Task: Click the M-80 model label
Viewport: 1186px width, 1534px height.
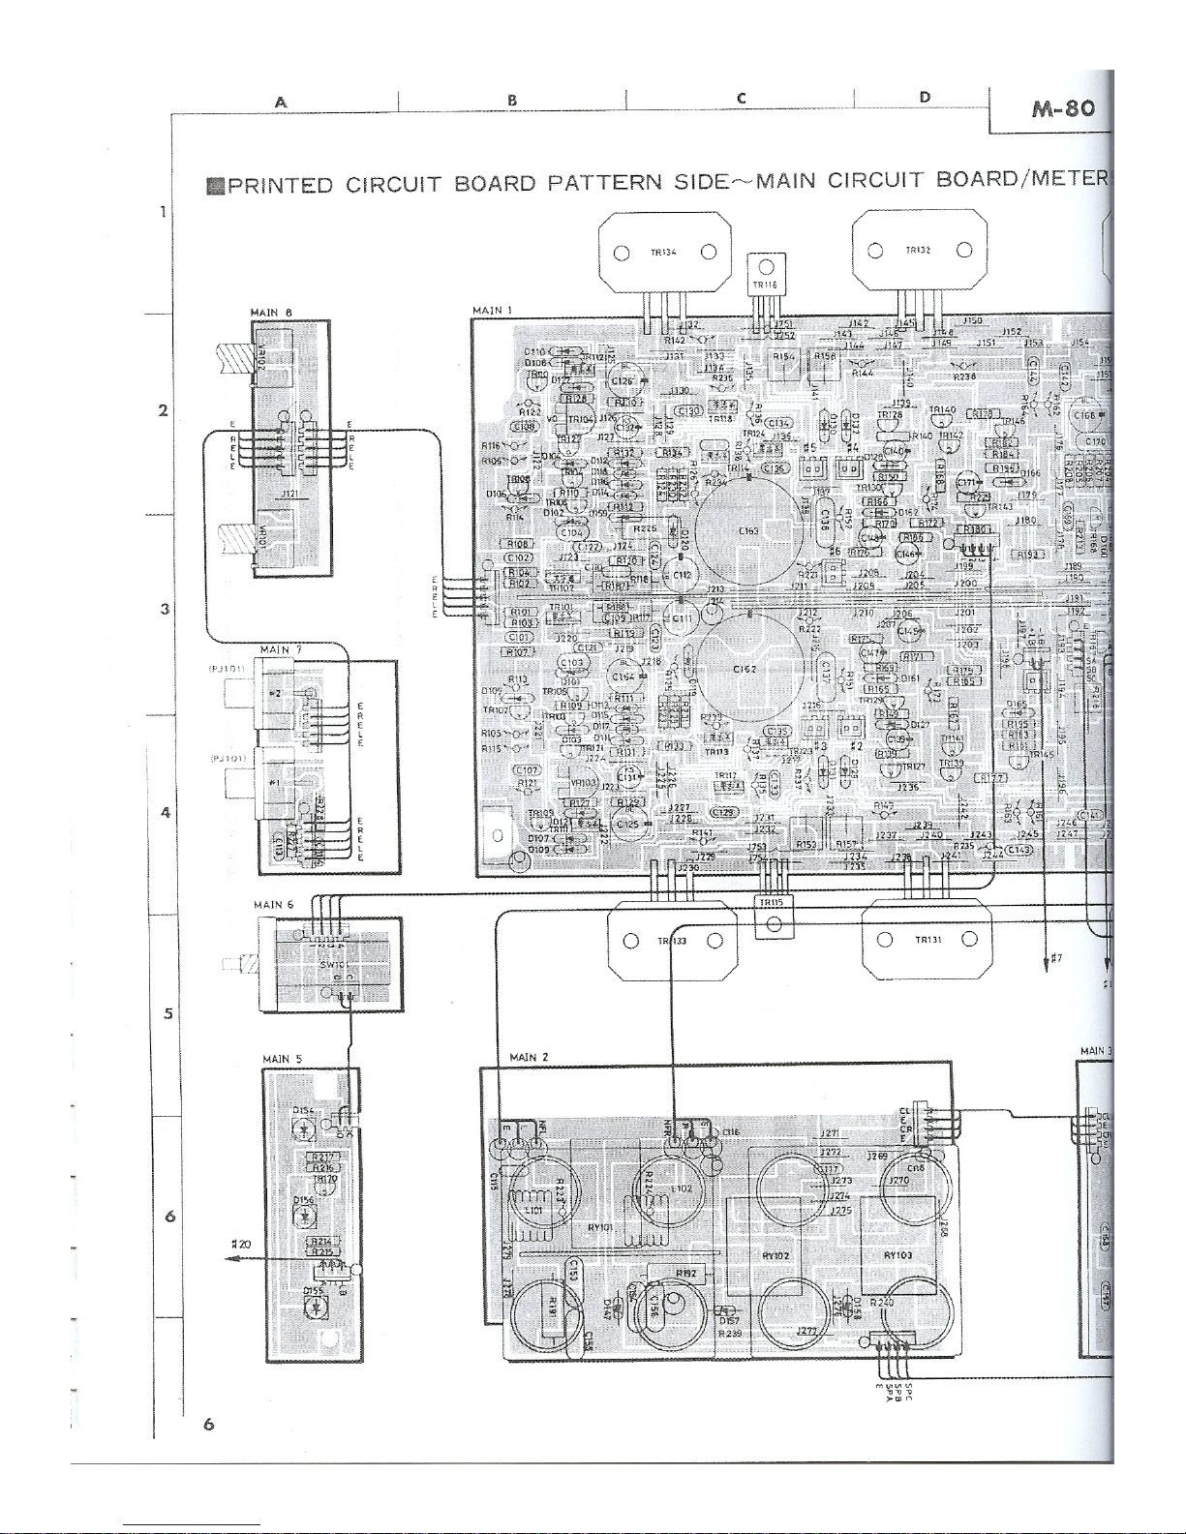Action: (1051, 107)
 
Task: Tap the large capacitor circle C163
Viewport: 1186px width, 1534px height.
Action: (747, 530)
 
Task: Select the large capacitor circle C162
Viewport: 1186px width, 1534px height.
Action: (745, 669)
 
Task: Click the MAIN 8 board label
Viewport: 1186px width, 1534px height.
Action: (271, 312)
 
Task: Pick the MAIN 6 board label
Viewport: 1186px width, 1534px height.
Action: (273, 905)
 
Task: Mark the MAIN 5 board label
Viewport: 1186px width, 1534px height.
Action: (283, 1059)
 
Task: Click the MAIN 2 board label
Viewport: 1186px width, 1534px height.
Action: (529, 1057)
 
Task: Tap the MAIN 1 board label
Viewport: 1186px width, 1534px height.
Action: (492, 311)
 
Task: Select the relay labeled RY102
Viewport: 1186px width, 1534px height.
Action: (776, 1255)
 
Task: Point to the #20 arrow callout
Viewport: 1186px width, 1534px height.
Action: (241, 1244)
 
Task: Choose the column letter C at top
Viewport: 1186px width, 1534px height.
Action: (741, 98)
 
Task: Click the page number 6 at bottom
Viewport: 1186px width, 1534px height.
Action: (208, 1424)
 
